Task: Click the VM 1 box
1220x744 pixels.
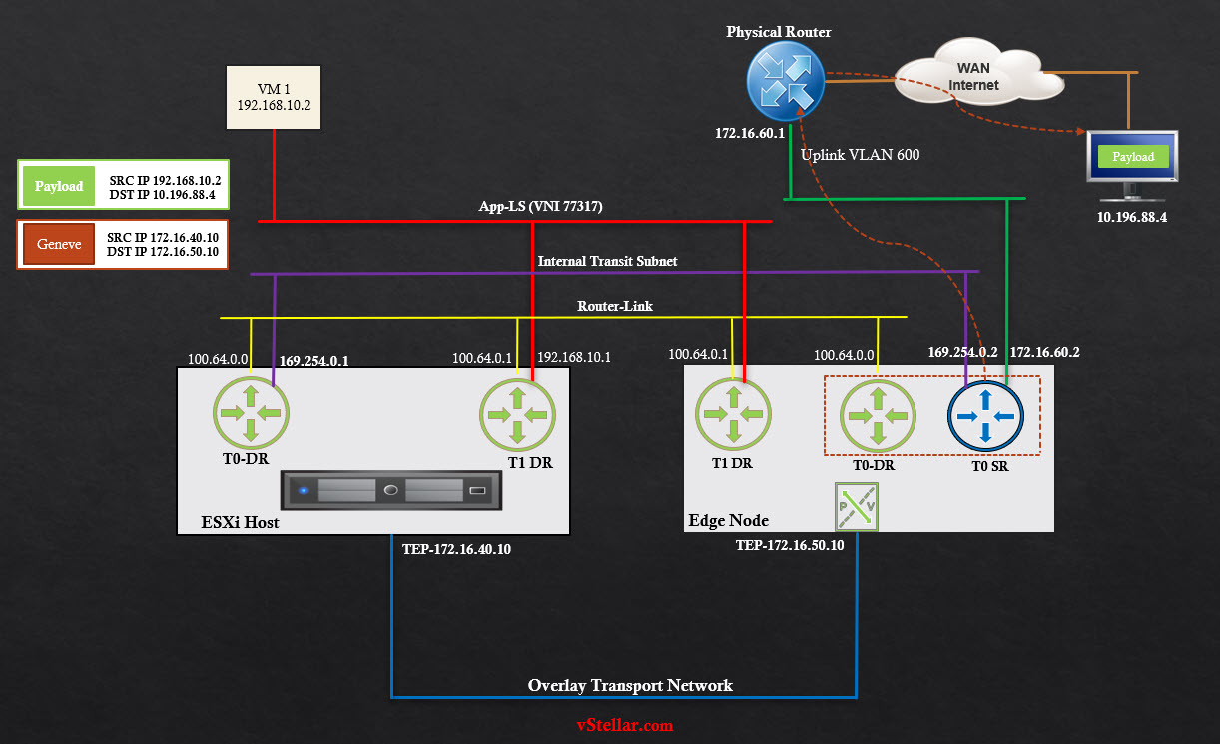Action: coord(275,97)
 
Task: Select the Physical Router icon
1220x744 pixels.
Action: coord(784,82)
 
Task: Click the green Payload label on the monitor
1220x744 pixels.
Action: coord(1132,156)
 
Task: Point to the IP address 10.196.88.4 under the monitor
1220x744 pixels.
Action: coord(1132,216)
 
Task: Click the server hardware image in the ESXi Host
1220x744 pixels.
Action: coord(390,490)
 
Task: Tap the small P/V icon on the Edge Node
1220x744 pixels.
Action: coord(856,506)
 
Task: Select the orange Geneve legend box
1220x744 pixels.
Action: coord(59,244)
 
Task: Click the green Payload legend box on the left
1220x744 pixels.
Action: coord(59,186)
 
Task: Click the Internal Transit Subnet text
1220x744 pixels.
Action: coord(607,261)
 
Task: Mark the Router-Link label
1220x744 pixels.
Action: coord(615,306)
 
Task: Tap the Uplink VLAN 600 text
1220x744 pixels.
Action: coord(860,155)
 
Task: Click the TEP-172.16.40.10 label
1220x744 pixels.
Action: coord(456,548)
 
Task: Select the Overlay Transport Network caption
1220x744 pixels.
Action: coord(630,685)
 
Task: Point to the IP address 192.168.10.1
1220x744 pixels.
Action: coord(574,357)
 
